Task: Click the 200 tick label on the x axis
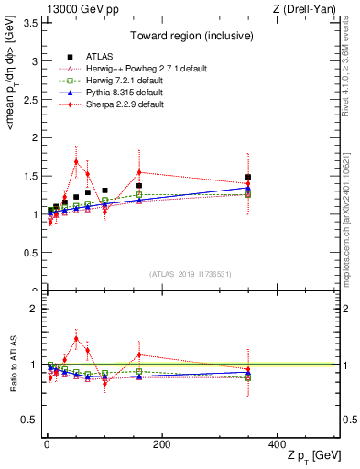point(161,444)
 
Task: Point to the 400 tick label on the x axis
point(277,444)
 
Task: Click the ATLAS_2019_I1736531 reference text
point(191,274)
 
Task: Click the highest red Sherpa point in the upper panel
point(76,161)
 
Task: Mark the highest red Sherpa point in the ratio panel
point(76,338)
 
